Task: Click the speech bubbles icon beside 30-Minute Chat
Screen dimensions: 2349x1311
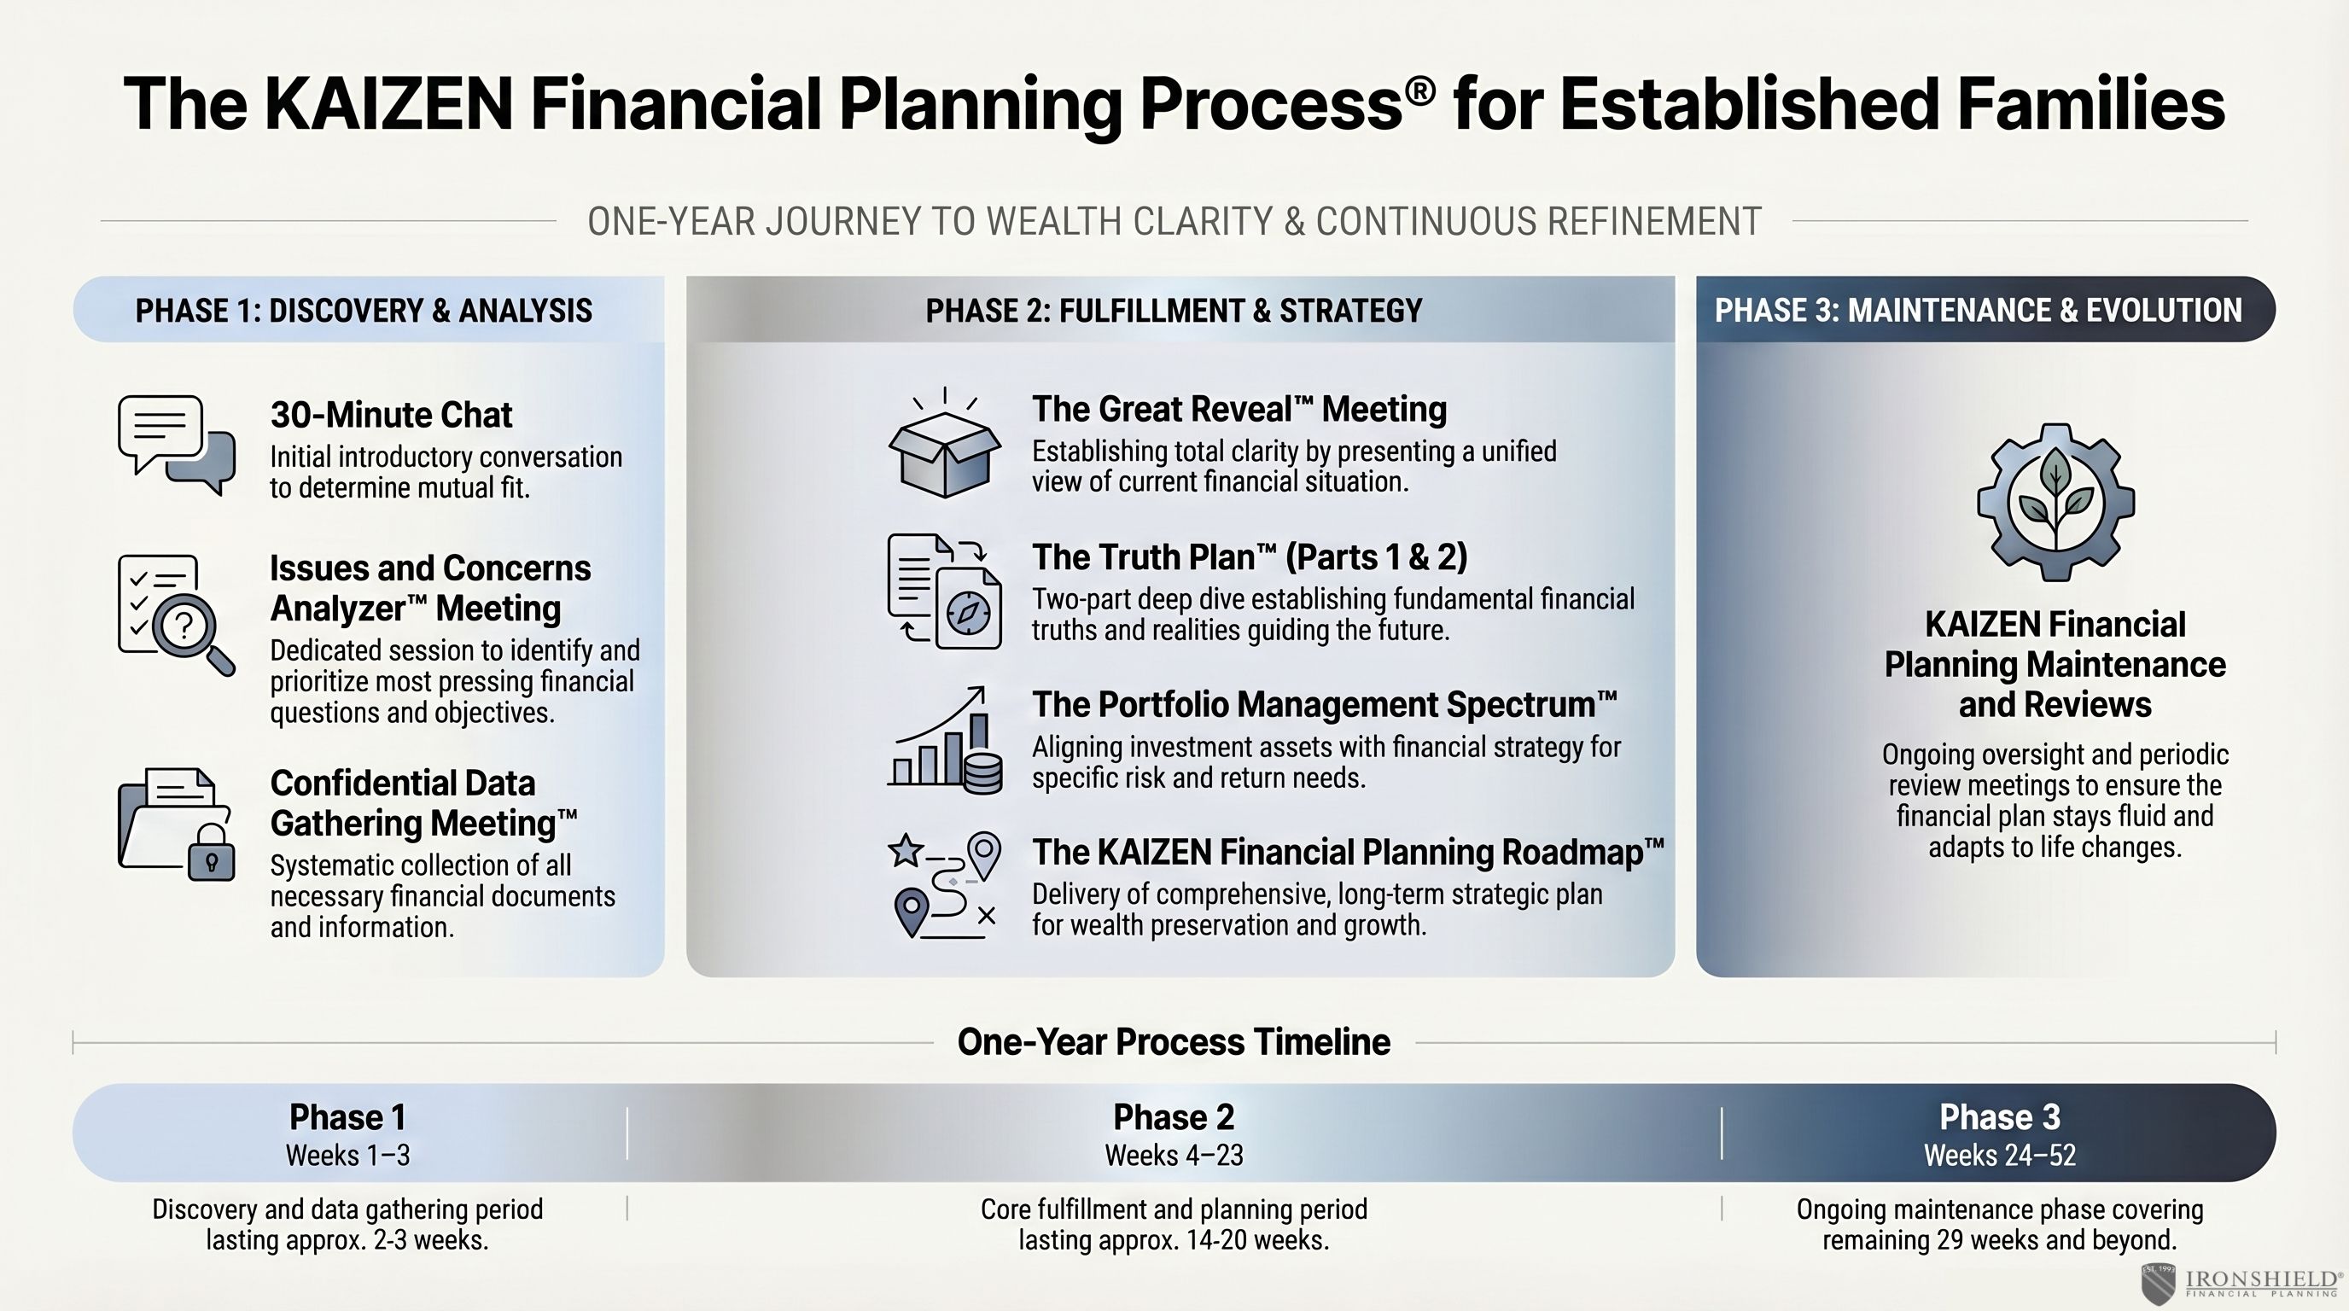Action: point(176,445)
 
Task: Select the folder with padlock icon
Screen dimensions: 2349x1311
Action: point(176,824)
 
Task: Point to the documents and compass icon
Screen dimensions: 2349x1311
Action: point(945,591)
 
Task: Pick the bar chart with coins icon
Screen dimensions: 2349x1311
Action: point(945,739)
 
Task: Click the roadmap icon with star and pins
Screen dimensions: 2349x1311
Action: point(945,885)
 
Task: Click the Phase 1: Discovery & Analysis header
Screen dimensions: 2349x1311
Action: point(364,310)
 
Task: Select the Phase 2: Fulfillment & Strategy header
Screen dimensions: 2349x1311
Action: point(1174,310)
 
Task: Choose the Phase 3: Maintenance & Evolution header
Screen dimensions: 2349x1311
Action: point(1978,310)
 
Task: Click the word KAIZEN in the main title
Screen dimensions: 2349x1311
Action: point(389,103)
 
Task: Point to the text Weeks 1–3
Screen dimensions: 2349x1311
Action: point(347,1155)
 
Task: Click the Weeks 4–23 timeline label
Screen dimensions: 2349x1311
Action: point(1174,1155)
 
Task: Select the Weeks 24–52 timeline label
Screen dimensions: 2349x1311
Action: point(2000,1155)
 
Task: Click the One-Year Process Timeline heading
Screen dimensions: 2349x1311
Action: point(1174,1042)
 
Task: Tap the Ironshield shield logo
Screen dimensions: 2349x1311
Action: point(2158,1283)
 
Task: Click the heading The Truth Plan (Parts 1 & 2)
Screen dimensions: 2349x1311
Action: point(1250,557)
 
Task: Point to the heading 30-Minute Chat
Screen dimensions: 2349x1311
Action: point(391,415)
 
